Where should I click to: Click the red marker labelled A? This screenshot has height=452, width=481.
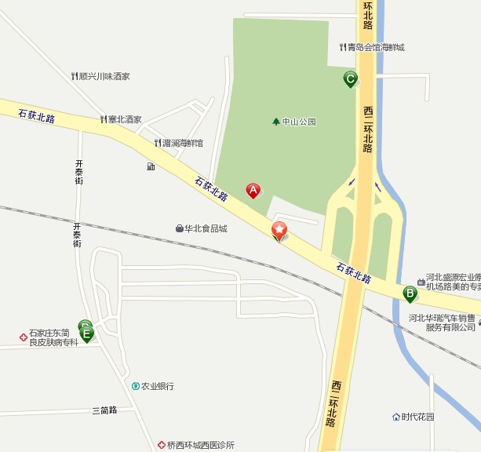253,190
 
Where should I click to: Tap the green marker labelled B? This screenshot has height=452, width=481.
410,293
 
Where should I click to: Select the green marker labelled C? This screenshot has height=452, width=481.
350,78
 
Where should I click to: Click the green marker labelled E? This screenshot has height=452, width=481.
86,334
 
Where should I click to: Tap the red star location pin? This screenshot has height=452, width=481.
279,230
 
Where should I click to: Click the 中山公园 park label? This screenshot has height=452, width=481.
299,122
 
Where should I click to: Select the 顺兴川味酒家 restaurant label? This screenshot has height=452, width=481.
104,76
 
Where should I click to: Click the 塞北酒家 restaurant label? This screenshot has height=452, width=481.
125,119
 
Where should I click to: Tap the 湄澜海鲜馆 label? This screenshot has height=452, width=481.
183,143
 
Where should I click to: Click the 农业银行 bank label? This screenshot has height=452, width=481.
157,386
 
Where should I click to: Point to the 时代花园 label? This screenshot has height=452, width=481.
417,417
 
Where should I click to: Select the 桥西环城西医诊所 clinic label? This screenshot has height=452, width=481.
200,445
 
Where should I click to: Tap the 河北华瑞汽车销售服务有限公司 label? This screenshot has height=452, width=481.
443,323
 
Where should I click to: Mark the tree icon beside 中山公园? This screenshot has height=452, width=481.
275,122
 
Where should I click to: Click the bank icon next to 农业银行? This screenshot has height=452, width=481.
136,386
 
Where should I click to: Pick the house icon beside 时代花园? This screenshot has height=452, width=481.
396,417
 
